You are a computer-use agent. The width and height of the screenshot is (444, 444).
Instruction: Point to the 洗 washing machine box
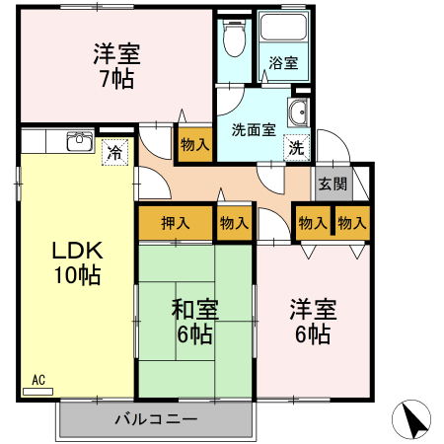pos(296,147)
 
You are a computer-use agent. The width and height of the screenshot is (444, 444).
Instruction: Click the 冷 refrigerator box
pos(115,153)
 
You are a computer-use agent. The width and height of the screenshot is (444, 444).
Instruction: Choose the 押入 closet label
pos(175,223)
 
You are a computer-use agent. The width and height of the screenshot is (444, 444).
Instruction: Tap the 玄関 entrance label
pos(333,183)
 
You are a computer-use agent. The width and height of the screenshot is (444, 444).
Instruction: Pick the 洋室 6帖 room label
pos(312,321)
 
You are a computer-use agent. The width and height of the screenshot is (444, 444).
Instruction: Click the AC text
pos(38,379)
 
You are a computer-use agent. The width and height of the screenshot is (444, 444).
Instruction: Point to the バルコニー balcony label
pos(156,418)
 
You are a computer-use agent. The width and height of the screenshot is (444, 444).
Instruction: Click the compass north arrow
pos(415,421)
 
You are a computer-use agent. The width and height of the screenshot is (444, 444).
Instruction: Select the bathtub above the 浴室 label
pos(285,30)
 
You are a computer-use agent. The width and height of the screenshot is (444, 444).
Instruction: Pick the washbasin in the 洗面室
pos(298,113)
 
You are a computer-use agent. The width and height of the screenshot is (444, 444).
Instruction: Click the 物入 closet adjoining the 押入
pos(234,223)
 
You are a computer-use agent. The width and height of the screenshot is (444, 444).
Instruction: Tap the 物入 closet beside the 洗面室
pos(194,144)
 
